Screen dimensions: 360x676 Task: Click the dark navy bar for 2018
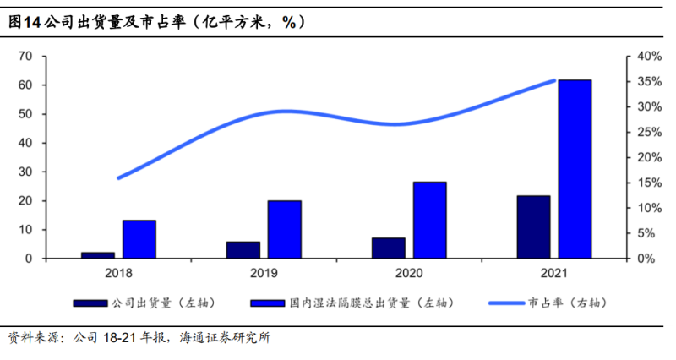pyautogui.click(x=98, y=254)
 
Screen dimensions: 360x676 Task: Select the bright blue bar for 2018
pyautogui.click(x=139, y=239)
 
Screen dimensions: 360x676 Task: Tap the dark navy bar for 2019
pyautogui.click(x=243, y=249)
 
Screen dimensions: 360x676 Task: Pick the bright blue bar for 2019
pyautogui.click(x=285, y=229)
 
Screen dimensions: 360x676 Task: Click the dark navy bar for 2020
pyautogui.click(x=389, y=248)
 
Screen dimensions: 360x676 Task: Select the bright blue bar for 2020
pyautogui.click(x=429, y=220)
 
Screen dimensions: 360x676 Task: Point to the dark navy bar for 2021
pyautogui.click(x=533, y=226)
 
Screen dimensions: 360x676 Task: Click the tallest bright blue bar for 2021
pyautogui.click(x=575, y=169)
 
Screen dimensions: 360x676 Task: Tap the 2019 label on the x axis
pyautogui.click(x=264, y=273)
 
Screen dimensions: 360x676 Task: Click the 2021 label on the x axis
pyautogui.click(x=554, y=273)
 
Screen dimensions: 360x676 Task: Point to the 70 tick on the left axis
pyautogui.click(x=25, y=56)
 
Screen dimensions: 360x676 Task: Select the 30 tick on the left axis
pyautogui.click(x=25, y=172)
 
